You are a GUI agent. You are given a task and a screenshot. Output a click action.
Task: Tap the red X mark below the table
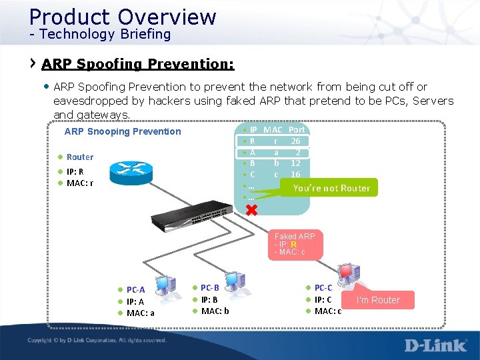pyautogui.click(x=251, y=211)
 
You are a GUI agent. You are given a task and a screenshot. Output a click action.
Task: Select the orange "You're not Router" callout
pyautogui.click(x=331, y=188)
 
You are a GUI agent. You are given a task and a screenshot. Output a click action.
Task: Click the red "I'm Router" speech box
pyautogui.click(x=378, y=300)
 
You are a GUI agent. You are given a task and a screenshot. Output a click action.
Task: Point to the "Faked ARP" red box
pyautogui.click(x=295, y=244)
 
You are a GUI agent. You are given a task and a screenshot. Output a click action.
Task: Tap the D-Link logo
pyautogui.click(x=435, y=345)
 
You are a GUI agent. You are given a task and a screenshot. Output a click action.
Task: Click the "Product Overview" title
pyautogui.click(x=123, y=16)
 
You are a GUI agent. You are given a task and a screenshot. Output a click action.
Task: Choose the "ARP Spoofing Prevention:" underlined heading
pyautogui.click(x=138, y=65)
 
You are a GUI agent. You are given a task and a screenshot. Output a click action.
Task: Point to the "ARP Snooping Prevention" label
pyautogui.click(x=123, y=131)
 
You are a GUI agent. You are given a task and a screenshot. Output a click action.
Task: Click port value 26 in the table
pyautogui.click(x=295, y=141)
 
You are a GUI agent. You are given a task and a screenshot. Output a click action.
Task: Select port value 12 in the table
pyautogui.click(x=295, y=163)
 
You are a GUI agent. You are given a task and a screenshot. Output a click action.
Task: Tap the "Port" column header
pyautogui.click(x=297, y=130)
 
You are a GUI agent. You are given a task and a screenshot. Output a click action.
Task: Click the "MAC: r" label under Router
pyautogui.click(x=79, y=183)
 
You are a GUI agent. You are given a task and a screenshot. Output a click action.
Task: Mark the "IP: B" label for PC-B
pyautogui.click(x=209, y=299)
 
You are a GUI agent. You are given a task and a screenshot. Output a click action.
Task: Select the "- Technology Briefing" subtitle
pyautogui.click(x=100, y=34)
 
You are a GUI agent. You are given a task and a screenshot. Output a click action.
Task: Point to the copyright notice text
pyautogui.click(x=97, y=341)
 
